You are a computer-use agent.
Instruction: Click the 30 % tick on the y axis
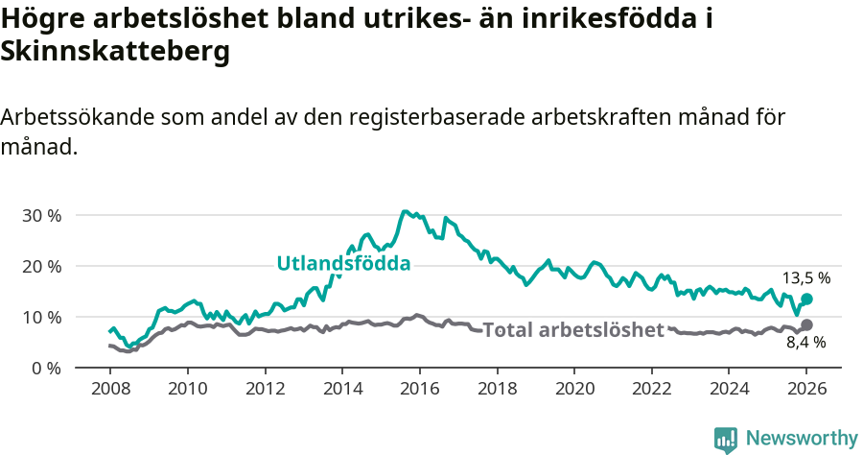coord(41,215)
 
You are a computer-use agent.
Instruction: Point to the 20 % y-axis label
coord(41,266)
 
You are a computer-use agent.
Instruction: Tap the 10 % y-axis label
coord(41,317)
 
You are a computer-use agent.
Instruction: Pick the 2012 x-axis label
coord(265,390)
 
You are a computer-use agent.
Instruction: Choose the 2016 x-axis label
coord(419,390)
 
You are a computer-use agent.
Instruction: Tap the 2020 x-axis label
coord(574,390)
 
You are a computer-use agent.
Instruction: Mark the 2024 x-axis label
coord(729,390)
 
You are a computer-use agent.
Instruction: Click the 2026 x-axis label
coord(806,390)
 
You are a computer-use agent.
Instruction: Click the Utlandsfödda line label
coord(343,263)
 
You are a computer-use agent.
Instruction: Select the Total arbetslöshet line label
coord(573,330)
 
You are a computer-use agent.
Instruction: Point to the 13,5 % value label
coord(806,278)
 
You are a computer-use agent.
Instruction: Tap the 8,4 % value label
coord(806,342)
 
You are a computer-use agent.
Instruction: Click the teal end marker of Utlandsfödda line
coord(806,299)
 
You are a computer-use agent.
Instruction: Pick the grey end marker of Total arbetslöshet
coord(806,325)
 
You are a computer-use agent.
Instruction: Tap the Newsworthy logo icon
coord(726,439)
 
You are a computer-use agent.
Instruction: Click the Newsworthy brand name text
coord(802,439)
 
